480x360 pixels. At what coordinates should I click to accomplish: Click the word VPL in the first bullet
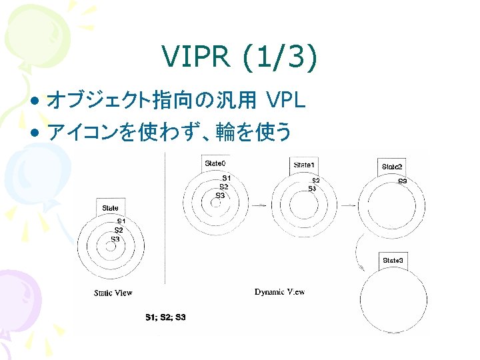tap(285, 101)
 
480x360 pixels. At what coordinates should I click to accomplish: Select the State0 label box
tap(215, 163)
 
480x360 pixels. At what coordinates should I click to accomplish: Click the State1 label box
tap(305, 165)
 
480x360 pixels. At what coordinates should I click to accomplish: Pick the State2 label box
tap(392, 167)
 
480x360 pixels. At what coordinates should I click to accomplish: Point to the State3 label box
tap(393, 260)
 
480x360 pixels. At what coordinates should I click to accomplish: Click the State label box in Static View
tap(110, 208)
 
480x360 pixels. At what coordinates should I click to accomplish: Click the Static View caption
tap(113, 293)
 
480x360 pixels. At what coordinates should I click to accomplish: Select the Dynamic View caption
tap(280, 292)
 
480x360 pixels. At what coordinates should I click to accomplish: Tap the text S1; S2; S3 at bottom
tap(165, 317)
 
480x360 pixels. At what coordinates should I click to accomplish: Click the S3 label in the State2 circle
tap(403, 181)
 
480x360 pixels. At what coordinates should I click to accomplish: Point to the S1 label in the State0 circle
tap(227, 178)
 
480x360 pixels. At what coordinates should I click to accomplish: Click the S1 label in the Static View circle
tap(121, 221)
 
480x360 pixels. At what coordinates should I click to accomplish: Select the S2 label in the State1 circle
tap(315, 181)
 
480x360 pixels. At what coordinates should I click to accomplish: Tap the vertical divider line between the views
tap(165, 220)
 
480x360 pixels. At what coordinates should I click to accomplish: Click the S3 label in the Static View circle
tap(115, 239)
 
